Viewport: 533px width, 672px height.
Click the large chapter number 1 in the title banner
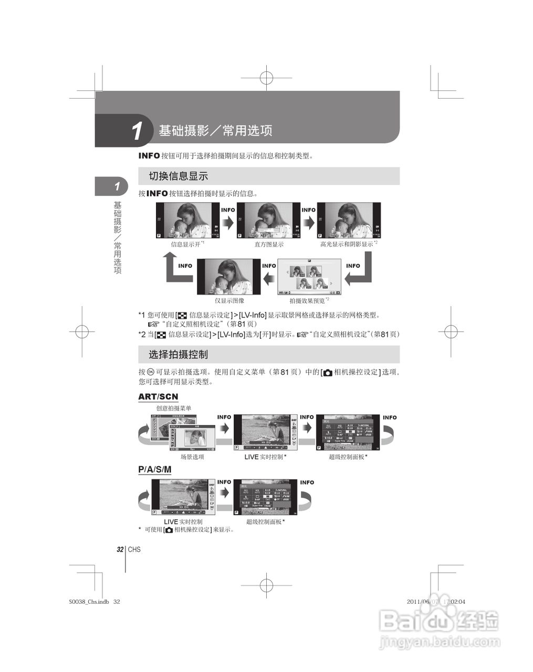pyautogui.click(x=137, y=131)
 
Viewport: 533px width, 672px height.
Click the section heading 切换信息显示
pyautogui.click(x=178, y=176)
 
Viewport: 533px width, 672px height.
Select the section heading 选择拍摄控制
pyautogui.click(x=178, y=354)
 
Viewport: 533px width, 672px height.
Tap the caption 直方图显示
pyautogui.click(x=269, y=244)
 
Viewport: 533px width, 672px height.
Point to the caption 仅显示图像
pyautogui.click(x=229, y=301)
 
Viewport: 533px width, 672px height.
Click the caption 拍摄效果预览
pyautogui.click(x=307, y=301)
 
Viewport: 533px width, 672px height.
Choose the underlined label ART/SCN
pyautogui.click(x=158, y=397)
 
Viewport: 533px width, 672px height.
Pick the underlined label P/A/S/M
pyautogui.click(x=154, y=469)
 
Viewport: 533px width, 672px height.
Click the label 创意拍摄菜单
pyautogui.click(x=174, y=408)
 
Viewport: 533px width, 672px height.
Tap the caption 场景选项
pyautogui.click(x=192, y=457)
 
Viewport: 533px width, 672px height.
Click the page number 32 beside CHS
pyautogui.click(x=120, y=550)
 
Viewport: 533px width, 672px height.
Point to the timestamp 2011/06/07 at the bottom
pyautogui.click(x=423, y=602)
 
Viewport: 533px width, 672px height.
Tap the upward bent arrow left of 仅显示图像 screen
pyautogui.click(x=175, y=268)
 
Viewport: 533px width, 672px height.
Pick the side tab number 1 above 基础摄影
pyautogui.click(x=117, y=186)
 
